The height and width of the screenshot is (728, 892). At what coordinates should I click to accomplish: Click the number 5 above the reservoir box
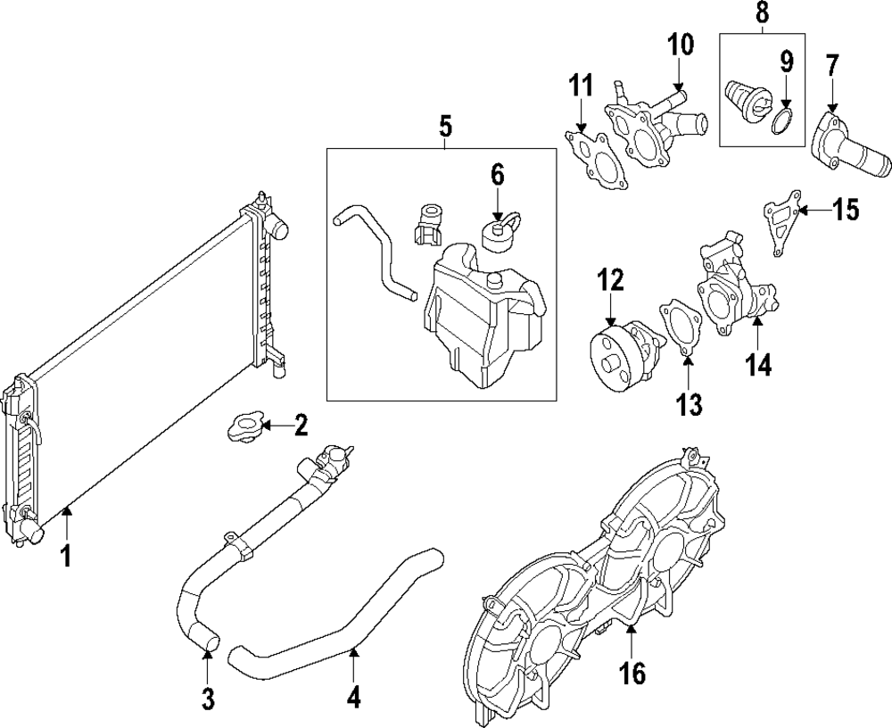[446, 127]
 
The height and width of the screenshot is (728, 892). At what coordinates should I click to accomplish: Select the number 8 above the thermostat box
[762, 13]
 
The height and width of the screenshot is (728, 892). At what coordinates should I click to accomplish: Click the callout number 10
[680, 44]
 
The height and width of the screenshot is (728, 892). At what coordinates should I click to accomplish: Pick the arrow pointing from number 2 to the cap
[277, 427]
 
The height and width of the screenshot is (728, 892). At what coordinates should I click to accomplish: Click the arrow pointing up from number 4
[354, 665]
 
